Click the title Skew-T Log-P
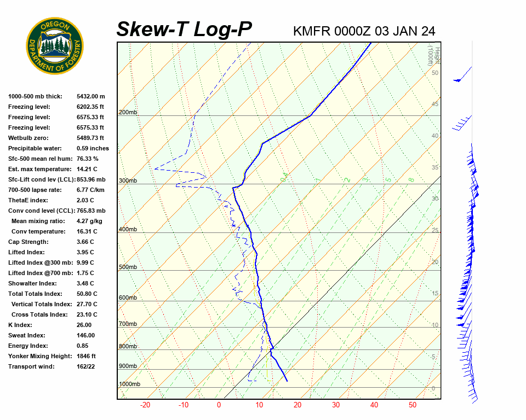click(x=185, y=29)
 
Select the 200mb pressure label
click(x=128, y=112)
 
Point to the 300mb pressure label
click(x=128, y=180)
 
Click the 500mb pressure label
click(x=128, y=267)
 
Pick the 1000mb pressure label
click(x=129, y=384)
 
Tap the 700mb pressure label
click(x=128, y=324)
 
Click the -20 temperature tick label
click(x=145, y=405)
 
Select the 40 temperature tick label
click(x=374, y=405)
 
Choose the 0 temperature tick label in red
click(x=219, y=405)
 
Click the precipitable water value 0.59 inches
click(x=93, y=148)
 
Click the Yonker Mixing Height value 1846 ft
click(x=86, y=356)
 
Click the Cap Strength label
click(x=28, y=242)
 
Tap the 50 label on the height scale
click(x=434, y=73)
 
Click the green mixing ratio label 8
click(x=411, y=179)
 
